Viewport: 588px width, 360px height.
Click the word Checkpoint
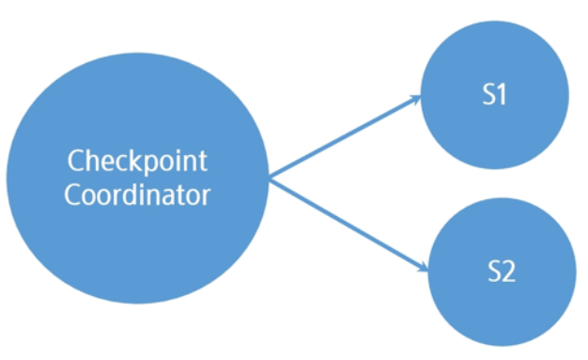[137, 162]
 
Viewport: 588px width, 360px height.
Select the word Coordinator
[137, 195]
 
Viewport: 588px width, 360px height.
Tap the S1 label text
[494, 94]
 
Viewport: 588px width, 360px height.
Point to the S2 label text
[502, 271]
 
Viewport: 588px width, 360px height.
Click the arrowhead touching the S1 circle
[415, 100]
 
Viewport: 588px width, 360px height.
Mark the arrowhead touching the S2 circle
[423, 266]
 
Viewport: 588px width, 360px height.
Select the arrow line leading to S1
[345, 136]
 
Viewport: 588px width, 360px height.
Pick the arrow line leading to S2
[348, 225]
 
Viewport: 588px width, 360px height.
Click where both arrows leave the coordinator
[270, 179]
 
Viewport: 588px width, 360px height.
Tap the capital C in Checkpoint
[75, 161]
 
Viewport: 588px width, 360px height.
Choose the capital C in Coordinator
[72, 195]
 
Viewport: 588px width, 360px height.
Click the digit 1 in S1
[502, 94]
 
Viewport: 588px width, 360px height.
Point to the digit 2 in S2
[508, 271]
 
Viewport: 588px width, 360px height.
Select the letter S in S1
[489, 94]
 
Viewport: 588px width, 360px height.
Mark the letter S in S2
[494, 271]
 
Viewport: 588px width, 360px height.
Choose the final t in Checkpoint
[203, 162]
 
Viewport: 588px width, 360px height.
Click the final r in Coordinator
[207, 197]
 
